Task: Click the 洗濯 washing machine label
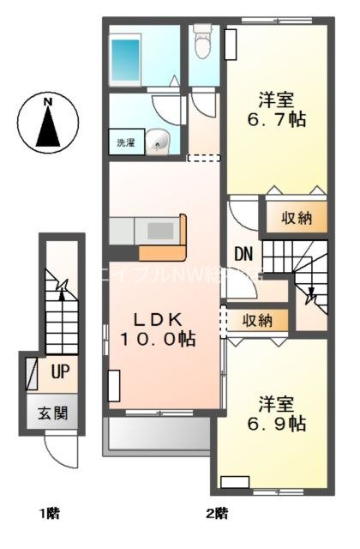pyautogui.click(x=125, y=143)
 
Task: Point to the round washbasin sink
pyautogui.click(x=157, y=142)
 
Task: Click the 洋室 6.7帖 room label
pyautogui.click(x=273, y=108)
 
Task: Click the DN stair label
pyautogui.click(x=243, y=253)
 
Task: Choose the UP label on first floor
pyautogui.click(x=60, y=372)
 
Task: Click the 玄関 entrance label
pyautogui.click(x=51, y=413)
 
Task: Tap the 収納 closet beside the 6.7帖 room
pyautogui.click(x=295, y=218)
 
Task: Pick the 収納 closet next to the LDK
pyautogui.click(x=256, y=320)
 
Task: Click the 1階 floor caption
pyautogui.click(x=48, y=515)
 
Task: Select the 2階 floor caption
pyautogui.click(x=215, y=515)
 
